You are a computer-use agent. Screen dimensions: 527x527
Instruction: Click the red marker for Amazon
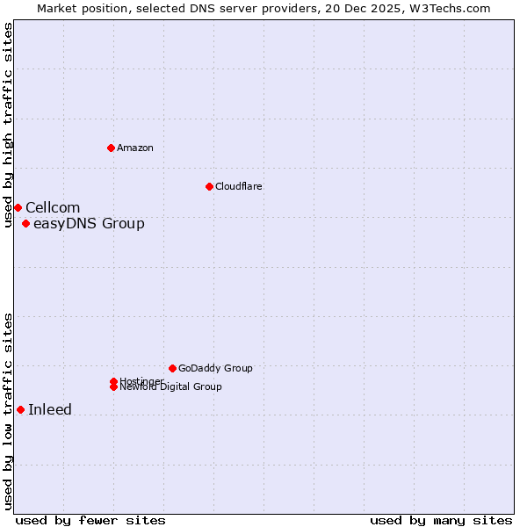(111, 148)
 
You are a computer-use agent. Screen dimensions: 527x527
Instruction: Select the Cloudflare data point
(209, 186)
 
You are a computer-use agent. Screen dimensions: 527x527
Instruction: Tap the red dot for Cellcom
(18, 207)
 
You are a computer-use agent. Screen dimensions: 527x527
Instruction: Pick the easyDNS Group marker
(25, 223)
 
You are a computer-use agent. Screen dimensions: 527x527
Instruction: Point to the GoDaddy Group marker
(172, 368)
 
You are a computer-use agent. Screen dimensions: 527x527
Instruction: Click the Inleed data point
(20, 409)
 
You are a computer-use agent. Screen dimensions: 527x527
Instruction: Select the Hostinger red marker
(113, 381)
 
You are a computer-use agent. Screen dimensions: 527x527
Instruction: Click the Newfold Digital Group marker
(113, 387)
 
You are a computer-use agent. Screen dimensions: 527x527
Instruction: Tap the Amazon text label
(135, 148)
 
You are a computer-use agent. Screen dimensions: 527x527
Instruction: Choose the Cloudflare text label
(239, 186)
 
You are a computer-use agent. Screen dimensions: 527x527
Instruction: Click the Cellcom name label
(53, 207)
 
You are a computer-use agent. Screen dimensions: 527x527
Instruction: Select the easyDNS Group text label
(89, 223)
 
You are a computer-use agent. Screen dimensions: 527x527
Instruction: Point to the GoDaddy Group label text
(215, 368)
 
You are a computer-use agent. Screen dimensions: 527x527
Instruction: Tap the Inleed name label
(50, 409)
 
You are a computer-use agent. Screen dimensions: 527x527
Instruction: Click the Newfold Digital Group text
(170, 387)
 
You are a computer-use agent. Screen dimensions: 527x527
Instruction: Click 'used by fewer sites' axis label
(90, 520)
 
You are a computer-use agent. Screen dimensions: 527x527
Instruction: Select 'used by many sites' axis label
(441, 520)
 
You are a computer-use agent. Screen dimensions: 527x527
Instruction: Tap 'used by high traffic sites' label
(8, 125)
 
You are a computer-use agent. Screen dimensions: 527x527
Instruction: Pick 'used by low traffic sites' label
(8, 411)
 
